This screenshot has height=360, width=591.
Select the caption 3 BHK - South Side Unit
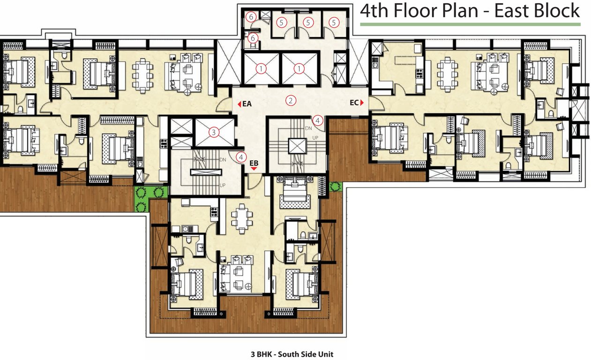(x=292, y=354)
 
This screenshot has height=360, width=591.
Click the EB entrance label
(x=254, y=164)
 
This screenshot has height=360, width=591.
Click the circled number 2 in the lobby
(x=292, y=100)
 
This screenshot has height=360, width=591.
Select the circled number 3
(x=213, y=132)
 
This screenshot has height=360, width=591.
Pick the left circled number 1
(x=262, y=69)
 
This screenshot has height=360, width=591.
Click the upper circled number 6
(x=252, y=17)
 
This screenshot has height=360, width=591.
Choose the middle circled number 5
(x=307, y=22)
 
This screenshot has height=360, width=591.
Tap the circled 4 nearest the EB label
(x=241, y=157)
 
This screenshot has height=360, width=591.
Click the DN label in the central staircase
(x=308, y=128)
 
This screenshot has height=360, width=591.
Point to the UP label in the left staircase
(x=223, y=185)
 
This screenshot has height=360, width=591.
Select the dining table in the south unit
(x=241, y=218)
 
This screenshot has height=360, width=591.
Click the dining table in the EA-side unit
(x=142, y=75)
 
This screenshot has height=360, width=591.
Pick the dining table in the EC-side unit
(x=448, y=75)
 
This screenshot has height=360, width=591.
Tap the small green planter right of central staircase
(x=335, y=187)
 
